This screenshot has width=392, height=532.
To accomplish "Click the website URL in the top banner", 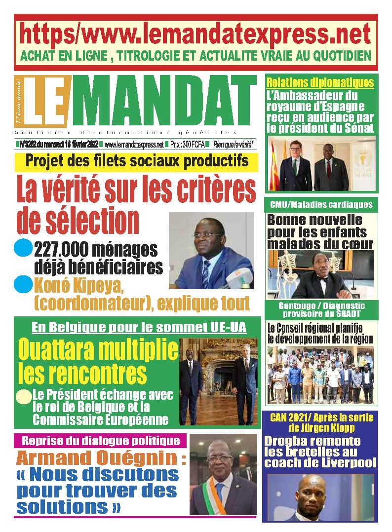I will point(196,34).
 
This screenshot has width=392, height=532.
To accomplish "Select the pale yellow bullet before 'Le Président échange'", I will point(23,396).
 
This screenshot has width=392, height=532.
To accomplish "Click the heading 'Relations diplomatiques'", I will point(320,82).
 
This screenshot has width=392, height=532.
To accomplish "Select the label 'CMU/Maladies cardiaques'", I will point(321,204).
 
